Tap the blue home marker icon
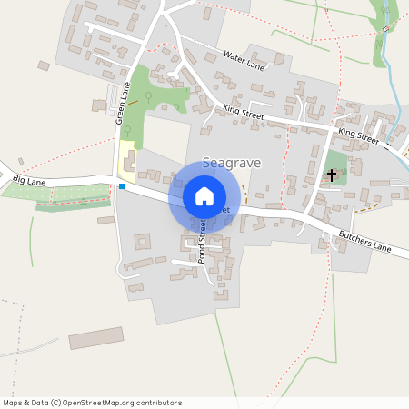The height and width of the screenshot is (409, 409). (x=204, y=195)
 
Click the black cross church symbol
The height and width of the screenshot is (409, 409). (x=332, y=174)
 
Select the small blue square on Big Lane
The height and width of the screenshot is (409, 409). (x=122, y=187)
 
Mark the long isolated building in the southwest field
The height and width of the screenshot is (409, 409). (x=95, y=337)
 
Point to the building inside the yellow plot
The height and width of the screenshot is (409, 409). (x=129, y=165)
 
